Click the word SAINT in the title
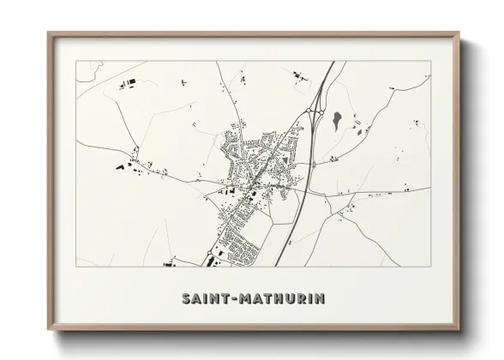tap(204, 299)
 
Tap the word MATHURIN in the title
tap(279, 299)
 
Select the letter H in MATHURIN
tap(274, 299)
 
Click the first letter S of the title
tap(186, 299)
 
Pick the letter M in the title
tap(243, 299)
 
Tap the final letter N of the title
tap(318, 299)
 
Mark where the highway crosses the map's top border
tap(332, 62)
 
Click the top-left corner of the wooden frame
tap(49, 33)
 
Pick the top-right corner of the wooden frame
tap(459, 33)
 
